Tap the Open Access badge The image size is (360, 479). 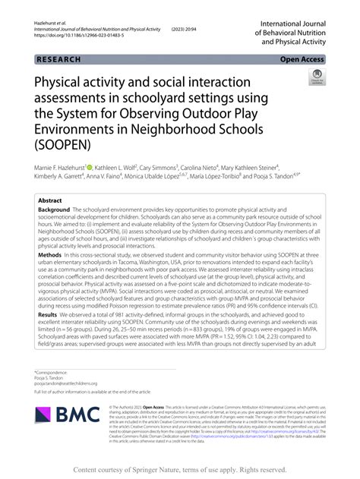coord(304,58)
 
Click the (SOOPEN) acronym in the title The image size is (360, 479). coord(65,143)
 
